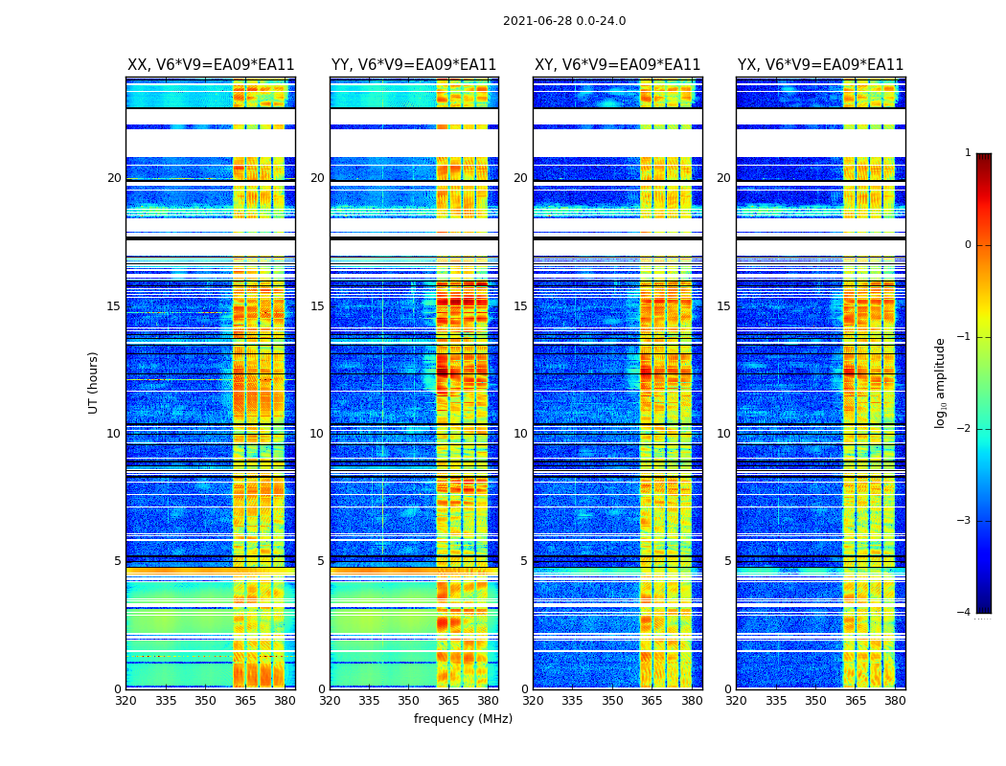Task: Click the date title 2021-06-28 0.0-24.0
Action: (564, 21)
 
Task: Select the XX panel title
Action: (211, 65)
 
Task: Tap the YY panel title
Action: (414, 65)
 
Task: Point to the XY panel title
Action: (617, 65)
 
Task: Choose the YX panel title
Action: (820, 65)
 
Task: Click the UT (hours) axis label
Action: (94, 382)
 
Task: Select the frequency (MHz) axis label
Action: (463, 719)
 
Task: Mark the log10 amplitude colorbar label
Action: (941, 382)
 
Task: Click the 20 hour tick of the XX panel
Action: (114, 178)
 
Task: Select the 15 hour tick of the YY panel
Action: (317, 306)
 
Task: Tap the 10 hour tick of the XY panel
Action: (520, 434)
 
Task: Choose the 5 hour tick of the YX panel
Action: (727, 561)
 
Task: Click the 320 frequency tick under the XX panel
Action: (126, 701)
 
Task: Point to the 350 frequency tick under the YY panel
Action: (408, 701)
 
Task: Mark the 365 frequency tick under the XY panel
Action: (652, 701)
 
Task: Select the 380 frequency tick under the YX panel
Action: (895, 701)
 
